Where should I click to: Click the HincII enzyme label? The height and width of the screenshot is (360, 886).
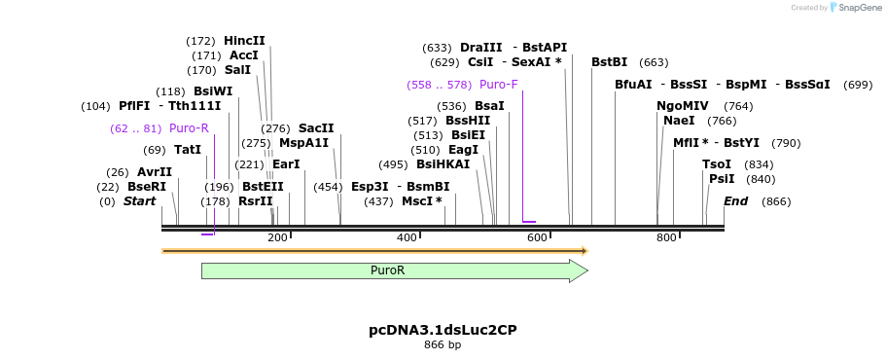(x=244, y=41)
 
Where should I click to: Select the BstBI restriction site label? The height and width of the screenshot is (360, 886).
(x=610, y=62)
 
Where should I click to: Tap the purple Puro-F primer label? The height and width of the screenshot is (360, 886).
(x=499, y=85)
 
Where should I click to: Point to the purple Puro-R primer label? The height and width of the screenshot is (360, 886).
(x=189, y=128)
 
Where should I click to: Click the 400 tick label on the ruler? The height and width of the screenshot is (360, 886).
(x=408, y=237)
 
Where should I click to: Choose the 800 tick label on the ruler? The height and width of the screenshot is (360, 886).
(x=666, y=237)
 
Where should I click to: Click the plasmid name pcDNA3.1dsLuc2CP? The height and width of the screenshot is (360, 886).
(x=443, y=330)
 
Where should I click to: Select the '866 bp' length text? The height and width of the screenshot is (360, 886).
(x=443, y=345)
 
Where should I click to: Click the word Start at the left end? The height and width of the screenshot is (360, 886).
(x=139, y=201)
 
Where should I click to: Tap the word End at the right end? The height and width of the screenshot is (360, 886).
(x=736, y=201)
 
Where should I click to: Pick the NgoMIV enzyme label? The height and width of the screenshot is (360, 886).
(x=683, y=106)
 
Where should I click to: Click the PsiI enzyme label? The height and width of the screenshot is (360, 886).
(x=722, y=179)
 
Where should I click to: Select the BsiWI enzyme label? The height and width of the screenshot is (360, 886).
(x=213, y=91)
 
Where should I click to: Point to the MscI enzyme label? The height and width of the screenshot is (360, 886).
(x=421, y=201)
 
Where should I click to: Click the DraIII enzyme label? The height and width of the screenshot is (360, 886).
(x=481, y=48)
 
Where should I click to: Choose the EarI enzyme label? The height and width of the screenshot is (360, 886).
(x=286, y=164)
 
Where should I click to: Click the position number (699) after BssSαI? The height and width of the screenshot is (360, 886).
(x=858, y=85)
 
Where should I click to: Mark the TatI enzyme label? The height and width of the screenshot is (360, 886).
(x=188, y=150)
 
